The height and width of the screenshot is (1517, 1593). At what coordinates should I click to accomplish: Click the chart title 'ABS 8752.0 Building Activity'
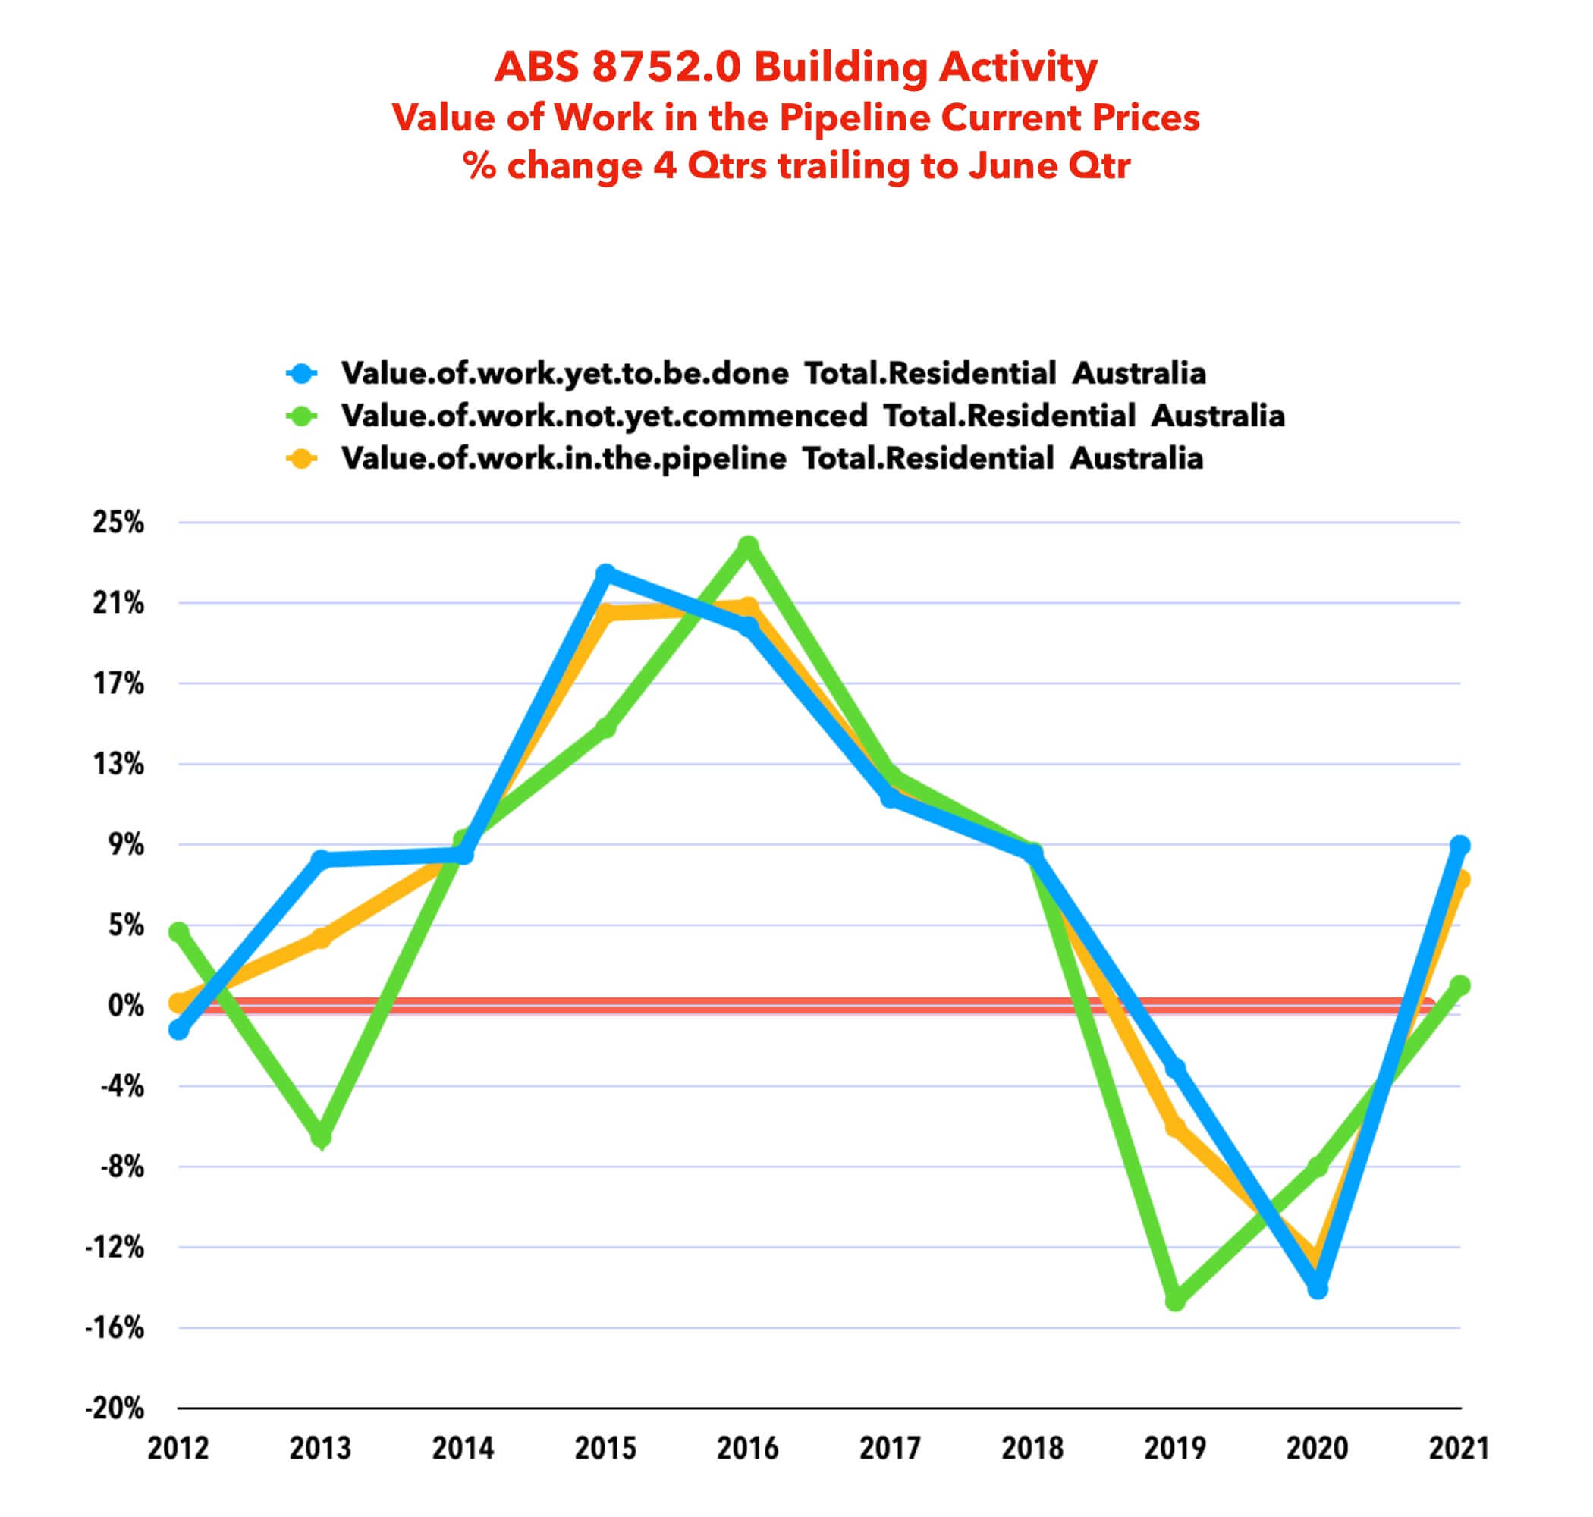tap(796, 67)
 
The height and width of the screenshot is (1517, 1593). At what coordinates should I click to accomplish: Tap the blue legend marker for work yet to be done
tap(303, 374)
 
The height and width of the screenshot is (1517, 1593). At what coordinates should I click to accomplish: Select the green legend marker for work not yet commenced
tap(303, 416)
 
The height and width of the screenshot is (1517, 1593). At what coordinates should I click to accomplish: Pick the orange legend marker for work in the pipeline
tap(303, 458)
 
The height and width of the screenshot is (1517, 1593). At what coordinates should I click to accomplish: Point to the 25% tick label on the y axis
tap(118, 523)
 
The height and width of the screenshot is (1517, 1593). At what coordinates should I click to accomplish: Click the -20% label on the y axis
tap(115, 1408)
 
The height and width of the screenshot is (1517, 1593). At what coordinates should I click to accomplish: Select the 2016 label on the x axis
tap(748, 1447)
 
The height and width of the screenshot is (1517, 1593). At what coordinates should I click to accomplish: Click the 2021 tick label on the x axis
tap(1459, 1447)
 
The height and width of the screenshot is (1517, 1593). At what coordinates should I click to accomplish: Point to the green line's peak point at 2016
tap(749, 546)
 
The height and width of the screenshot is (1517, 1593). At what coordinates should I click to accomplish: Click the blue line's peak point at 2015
tap(605, 573)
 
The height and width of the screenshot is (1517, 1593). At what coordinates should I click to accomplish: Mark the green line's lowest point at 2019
tap(1176, 1301)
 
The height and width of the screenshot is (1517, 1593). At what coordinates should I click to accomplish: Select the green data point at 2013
tap(321, 1137)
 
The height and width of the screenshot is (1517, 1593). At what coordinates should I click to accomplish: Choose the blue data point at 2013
tap(321, 859)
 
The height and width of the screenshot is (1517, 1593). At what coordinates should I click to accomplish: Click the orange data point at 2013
tap(321, 938)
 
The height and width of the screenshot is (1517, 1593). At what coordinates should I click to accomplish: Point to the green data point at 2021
tap(1459, 986)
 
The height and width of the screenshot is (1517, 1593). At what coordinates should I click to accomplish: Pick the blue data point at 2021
tap(1459, 846)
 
